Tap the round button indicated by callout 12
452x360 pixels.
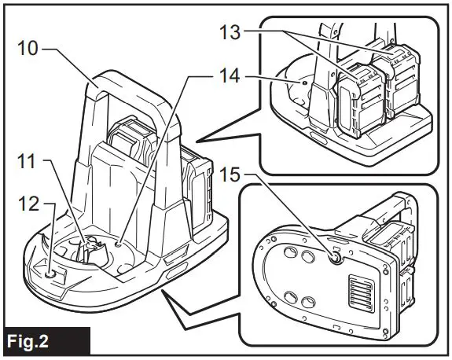(53, 272)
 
